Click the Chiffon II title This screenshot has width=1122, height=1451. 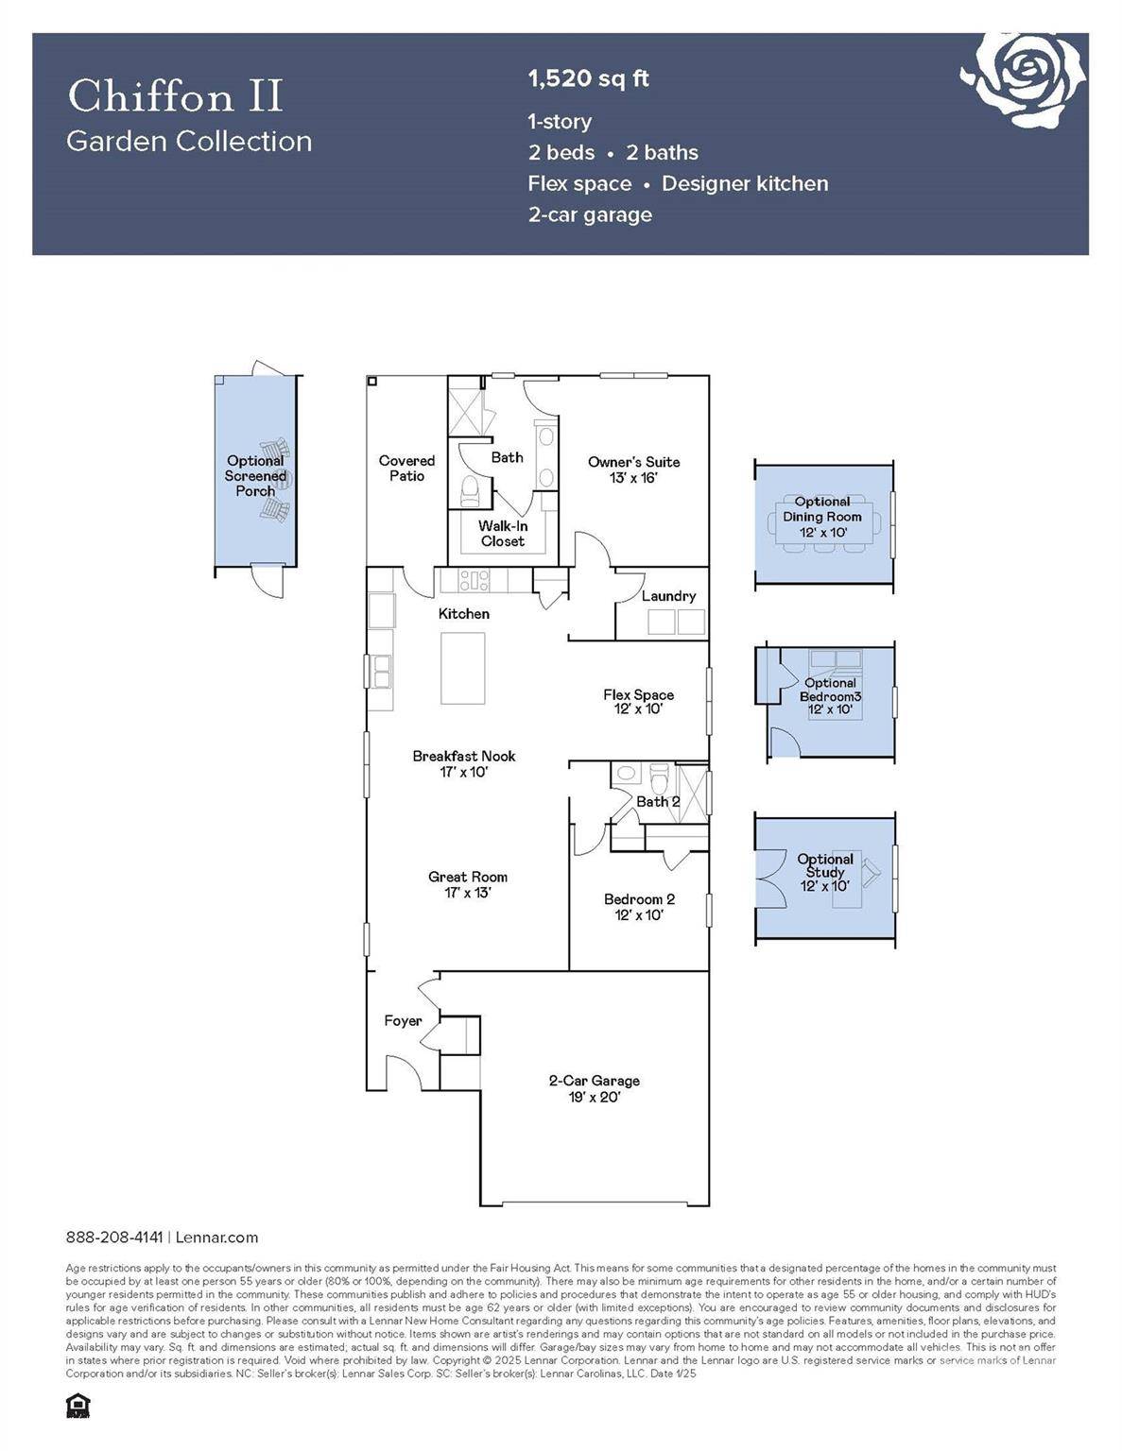[x=175, y=95]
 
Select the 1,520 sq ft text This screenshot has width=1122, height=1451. [x=588, y=78]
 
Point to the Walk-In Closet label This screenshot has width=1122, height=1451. [x=502, y=534]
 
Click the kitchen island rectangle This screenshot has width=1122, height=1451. [x=463, y=668]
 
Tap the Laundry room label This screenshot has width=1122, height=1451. [x=668, y=596]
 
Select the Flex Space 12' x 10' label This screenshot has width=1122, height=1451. [x=638, y=701]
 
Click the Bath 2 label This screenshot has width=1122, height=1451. [x=658, y=802]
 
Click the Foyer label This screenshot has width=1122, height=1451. [x=403, y=1020]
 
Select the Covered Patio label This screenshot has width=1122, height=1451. [x=406, y=469]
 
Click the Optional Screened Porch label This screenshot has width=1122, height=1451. [x=255, y=476]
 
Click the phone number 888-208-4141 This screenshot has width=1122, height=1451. [x=114, y=1238]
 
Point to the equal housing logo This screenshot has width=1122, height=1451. [x=78, y=1406]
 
